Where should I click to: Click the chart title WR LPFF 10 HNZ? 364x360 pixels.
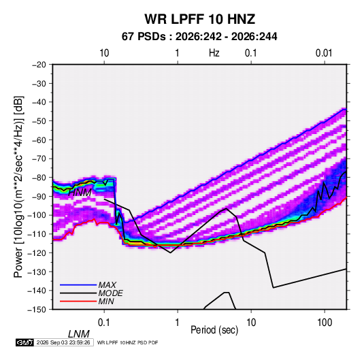pyautogui.click(x=200, y=19)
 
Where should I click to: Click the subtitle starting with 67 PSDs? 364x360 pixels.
pyautogui.click(x=199, y=37)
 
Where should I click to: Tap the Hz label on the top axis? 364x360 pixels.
pyautogui.click(x=214, y=53)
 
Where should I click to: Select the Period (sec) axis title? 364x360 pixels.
pyautogui.click(x=214, y=329)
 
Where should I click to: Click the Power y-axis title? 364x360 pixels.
pyautogui.click(x=18, y=186)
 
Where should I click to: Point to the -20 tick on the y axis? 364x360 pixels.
pyautogui.click(x=39, y=65)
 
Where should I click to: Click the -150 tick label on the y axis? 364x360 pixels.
pyautogui.click(x=37, y=310)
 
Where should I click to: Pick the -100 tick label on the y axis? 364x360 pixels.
pyautogui.click(x=37, y=215)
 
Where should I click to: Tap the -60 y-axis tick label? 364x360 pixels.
pyautogui.click(x=39, y=140)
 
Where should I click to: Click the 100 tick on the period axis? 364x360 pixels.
pyautogui.click(x=325, y=323)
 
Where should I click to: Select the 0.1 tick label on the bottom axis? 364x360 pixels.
pyautogui.click(x=103, y=323)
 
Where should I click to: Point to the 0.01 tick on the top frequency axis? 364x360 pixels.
pyautogui.click(x=324, y=53)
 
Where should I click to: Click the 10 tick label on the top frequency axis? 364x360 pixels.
pyautogui.click(x=104, y=53)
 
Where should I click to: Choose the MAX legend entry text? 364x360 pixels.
pyautogui.click(x=107, y=285)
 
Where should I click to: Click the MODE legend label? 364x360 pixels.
pyautogui.click(x=110, y=293)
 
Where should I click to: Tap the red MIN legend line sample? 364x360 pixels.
pyautogui.click(x=78, y=301)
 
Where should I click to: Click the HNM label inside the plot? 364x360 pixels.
pyautogui.click(x=80, y=193)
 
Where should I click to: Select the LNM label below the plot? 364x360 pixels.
pyautogui.click(x=78, y=334)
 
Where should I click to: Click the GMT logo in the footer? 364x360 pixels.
pyautogui.click(x=24, y=342)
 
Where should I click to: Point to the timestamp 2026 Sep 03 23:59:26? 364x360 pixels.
pyautogui.click(x=63, y=342)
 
